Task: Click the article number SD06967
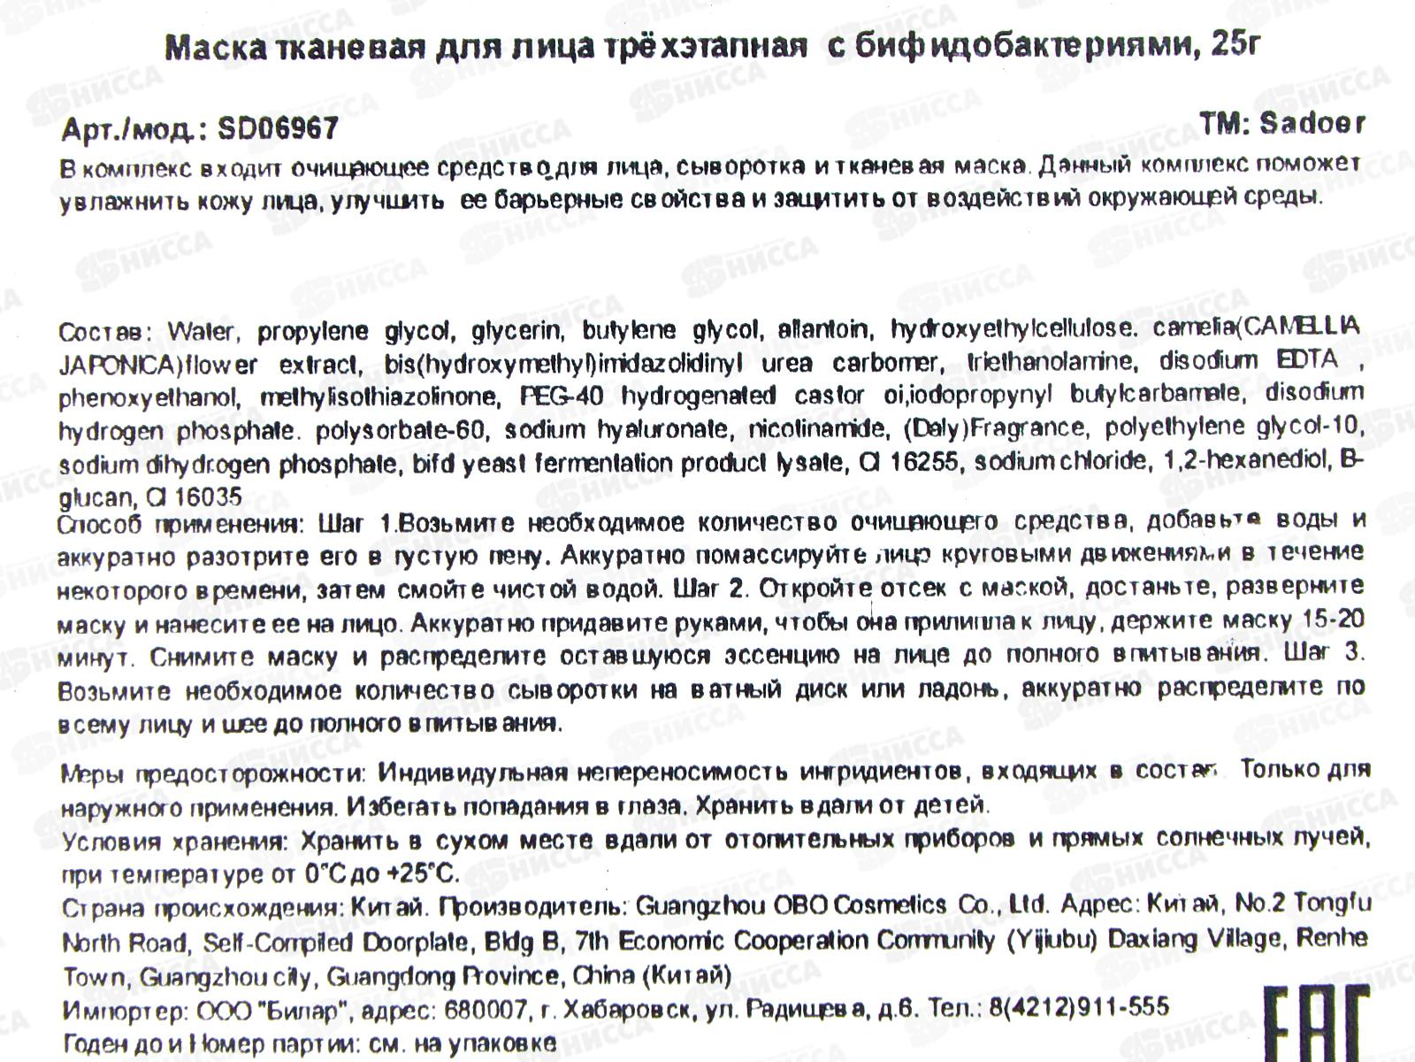[277, 130]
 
